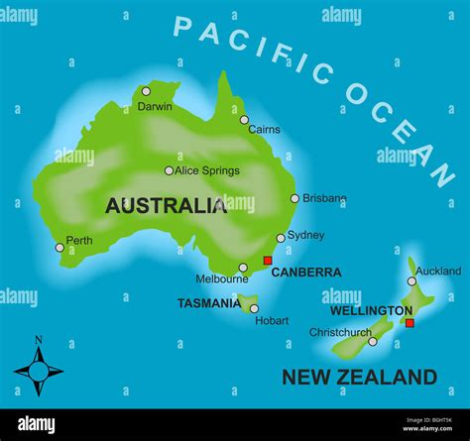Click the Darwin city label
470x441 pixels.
[x=155, y=106]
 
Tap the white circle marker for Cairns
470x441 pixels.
[x=244, y=120]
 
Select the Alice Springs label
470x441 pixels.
[x=207, y=170]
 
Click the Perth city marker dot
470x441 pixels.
[x=59, y=248]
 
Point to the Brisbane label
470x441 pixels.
[x=324, y=198]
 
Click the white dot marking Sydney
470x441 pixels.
[x=281, y=238]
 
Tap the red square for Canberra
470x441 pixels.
[x=267, y=261]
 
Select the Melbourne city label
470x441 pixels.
[x=221, y=279]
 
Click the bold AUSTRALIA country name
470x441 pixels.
[x=166, y=206]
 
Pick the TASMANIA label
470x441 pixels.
[x=208, y=303]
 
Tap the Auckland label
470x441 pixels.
[x=438, y=271]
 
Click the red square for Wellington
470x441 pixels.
[x=409, y=322]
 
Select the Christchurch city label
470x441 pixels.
[x=339, y=332]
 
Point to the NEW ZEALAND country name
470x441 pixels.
[x=359, y=377]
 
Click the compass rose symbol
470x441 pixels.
[x=39, y=372]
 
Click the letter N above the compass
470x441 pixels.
[x=39, y=340]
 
